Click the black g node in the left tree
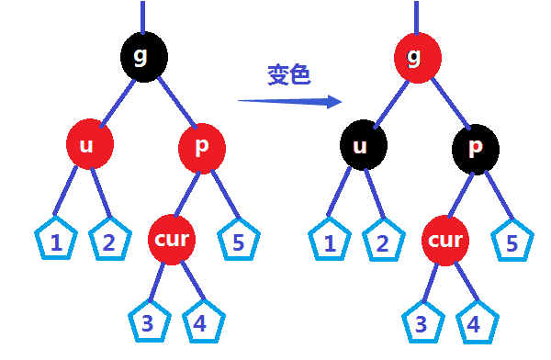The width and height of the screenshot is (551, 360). [142, 56]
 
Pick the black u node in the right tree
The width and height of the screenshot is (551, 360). [363, 146]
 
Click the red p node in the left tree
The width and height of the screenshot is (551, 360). [202, 147]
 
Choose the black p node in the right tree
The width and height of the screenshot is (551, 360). [476, 147]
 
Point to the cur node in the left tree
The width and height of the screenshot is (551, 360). [172, 240]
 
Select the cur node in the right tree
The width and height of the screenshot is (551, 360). [446, 241]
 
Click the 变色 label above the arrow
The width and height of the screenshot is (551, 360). [287, 75]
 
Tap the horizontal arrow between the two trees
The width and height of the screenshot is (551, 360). [288, 100]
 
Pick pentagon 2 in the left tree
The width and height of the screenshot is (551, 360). [110, 242]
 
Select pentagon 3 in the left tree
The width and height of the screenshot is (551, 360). [148, 321]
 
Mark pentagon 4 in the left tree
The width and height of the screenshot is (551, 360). [200, 321]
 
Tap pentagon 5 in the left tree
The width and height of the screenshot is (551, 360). [239, 241]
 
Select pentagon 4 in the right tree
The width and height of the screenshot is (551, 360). [475, 322]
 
